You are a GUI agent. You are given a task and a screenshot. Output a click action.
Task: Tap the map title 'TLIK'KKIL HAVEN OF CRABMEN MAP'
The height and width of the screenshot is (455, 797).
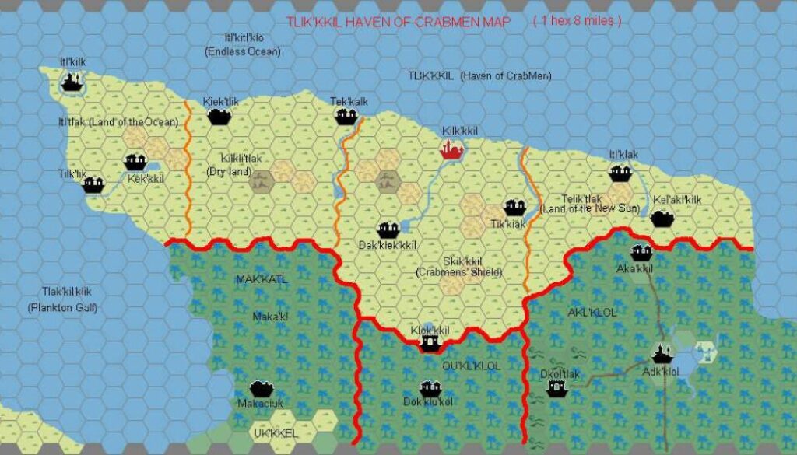(x=398, y=23)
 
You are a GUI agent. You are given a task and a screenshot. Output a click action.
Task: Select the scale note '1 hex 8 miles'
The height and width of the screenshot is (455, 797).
(x=577, y=22)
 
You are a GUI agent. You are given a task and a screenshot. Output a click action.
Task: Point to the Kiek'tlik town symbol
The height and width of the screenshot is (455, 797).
(x=219, y=117)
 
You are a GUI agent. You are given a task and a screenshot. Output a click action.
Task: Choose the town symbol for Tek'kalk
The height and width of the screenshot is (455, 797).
(x=346, y=117)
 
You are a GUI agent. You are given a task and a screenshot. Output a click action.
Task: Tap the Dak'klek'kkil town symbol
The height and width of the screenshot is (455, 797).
(x=388, y=229)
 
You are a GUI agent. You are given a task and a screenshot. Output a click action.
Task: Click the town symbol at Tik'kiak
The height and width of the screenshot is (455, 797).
(x=514, y=207)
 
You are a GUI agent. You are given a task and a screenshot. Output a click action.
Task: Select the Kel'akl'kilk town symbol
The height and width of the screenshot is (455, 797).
(x=662, y=218)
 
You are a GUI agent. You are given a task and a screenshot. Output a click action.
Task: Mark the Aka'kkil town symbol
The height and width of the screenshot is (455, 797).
(x=641, y=252)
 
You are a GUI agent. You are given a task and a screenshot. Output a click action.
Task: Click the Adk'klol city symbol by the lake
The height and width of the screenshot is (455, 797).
(x=662, y=354)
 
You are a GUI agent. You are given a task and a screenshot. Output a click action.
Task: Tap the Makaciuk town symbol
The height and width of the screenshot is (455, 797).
(x=261, y=389)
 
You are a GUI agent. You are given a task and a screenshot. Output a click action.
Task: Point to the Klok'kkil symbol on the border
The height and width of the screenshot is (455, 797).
(x=429, y=343)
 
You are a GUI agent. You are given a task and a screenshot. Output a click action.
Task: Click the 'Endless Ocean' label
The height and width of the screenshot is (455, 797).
(x=243, y=51)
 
